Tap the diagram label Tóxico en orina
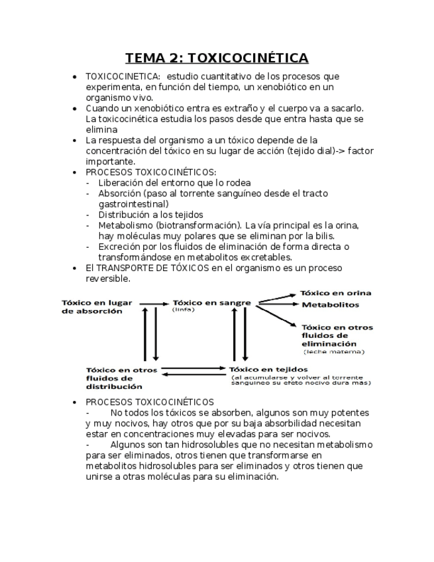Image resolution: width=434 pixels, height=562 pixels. click(335, 293)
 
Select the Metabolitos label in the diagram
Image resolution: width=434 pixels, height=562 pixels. click(331, 305)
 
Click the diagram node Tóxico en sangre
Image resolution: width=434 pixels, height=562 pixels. click(212, 303)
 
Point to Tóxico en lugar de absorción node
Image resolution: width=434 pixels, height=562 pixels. click(97, 307)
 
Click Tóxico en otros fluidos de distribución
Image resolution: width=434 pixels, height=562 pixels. click(114, 377)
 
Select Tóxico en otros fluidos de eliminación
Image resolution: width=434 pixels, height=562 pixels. click(337, 335)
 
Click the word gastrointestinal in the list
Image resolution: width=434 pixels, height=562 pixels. click(133, 204)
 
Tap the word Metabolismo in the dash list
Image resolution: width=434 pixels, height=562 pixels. click(126, 225)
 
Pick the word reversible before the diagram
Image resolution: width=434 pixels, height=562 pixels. click(107, 279)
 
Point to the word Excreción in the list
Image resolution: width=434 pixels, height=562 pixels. click(120, 247)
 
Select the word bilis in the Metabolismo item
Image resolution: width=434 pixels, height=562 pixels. click(329, 236)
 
